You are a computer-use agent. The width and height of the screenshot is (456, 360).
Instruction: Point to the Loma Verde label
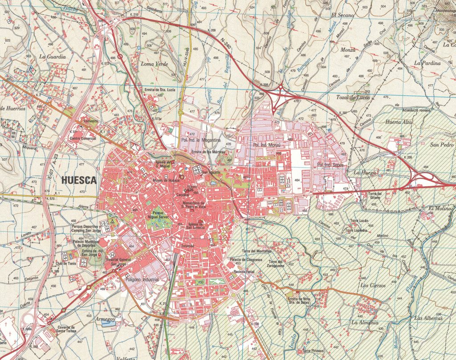[x=154, y=64]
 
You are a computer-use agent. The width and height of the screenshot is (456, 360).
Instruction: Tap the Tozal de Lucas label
[x=353, y=98]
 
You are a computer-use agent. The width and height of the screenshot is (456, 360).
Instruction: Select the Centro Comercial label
[x=83, y=139]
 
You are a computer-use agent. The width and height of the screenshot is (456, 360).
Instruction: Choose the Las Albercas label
[x=428, y=318]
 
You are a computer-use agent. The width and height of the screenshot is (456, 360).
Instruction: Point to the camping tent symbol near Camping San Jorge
[x=113, y=220]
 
